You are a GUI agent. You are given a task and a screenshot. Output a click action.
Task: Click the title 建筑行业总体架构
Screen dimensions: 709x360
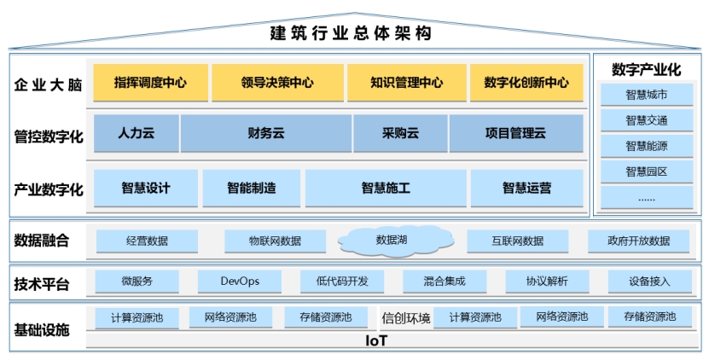(351, 33)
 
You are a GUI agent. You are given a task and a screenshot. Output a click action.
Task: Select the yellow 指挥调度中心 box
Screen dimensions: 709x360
(150, 82)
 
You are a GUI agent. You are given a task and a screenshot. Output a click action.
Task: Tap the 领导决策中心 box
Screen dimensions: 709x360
(277, 82)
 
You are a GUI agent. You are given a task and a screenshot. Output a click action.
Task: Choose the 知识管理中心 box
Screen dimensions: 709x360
(406, 82)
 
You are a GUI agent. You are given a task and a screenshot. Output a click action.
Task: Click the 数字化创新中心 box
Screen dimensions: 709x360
(526, 82)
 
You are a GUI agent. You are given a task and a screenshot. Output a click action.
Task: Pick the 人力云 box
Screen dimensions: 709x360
(137, 133)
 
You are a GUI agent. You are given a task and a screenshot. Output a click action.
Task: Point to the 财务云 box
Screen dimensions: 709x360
(266, 133)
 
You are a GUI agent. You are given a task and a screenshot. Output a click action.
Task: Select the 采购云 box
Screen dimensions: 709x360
(401, 133)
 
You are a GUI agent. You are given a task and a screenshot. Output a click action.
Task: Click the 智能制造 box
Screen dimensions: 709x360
(252, 189)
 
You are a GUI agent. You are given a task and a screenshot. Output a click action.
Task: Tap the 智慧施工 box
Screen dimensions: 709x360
(386, 189)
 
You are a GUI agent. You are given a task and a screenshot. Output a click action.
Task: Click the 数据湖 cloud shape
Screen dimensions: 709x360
(396, 241)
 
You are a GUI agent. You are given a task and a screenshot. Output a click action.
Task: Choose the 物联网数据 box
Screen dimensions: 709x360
(275, 241)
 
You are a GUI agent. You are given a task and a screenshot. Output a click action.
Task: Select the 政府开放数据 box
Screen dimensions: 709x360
(638, 241)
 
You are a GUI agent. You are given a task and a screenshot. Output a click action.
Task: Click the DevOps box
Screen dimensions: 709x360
(240, 282)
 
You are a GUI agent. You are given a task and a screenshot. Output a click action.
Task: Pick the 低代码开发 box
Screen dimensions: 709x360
(342, 282)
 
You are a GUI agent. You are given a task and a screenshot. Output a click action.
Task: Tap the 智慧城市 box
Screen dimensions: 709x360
(647, 95)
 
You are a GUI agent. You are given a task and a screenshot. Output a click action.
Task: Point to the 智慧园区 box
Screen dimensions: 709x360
(647, 171)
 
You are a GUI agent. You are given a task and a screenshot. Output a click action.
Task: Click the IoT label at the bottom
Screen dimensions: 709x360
(376, 340)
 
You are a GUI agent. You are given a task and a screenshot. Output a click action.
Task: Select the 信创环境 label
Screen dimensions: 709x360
(405, 318)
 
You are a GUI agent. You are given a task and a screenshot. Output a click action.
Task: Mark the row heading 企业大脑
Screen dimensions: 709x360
(48, 85)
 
